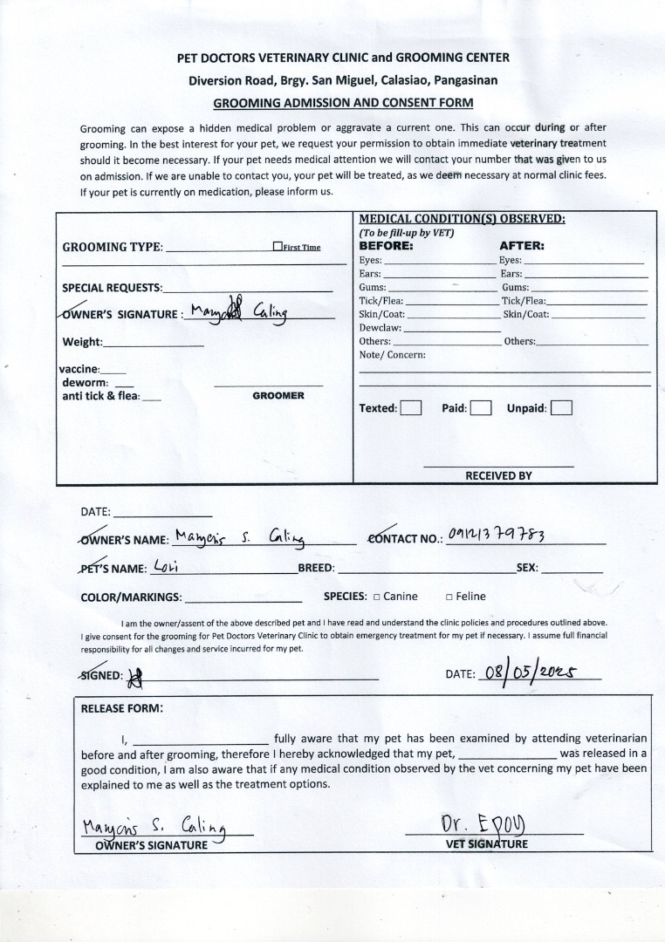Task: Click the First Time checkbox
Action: pyautogui.click(x=277, y=247)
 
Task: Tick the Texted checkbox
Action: pyautogui.click(x=411, y=408)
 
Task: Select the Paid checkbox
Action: pyautogui.click(x=481, y=408)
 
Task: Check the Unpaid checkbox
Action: pyautogui.click(x=562, y=408)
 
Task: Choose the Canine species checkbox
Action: pyautogui.click(x=376, y=597)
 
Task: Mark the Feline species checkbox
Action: pyautogui.click(x=449, y=597)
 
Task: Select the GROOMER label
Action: pyautogui.click(x=278, y=396)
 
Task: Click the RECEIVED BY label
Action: pyautogui.click(x=498, y=476)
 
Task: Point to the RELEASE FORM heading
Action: pyautogui.click(x=121, y=708)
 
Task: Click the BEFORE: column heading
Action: pyautogui.click(x=386, y=246)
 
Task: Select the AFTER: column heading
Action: pyautogui.click(x=521, y=246)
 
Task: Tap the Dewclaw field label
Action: pyautogui.click(x=380, y=328)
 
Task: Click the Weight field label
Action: pyautogui.click(x=82, y=342)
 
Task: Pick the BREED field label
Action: pyautogui.click(x=316, y=568)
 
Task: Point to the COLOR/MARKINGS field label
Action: pyautogui.click(x=131, y=597)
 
